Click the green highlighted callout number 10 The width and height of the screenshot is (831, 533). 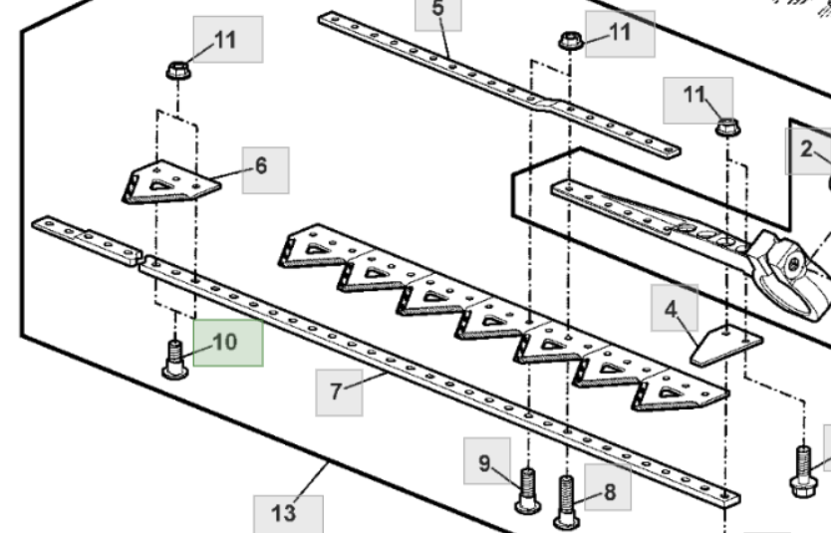click(x=227, y=342)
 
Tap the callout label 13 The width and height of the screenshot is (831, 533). click(x=284, y=513)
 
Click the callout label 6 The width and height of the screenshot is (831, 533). click(x=260, y=166)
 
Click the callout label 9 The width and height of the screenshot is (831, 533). click(x=485, y=462)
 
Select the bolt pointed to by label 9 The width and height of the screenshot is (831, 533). click(x=527, y=489)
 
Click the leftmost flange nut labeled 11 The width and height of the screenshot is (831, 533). click(x=177, y=72)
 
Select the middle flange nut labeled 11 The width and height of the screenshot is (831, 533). click(x=570, y=42)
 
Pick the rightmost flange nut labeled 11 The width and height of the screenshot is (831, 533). click(x=725, y=128)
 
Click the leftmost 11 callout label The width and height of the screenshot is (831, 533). click(x=226, y=40)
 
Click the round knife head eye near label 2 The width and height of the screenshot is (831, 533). click(x=794, y=267)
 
